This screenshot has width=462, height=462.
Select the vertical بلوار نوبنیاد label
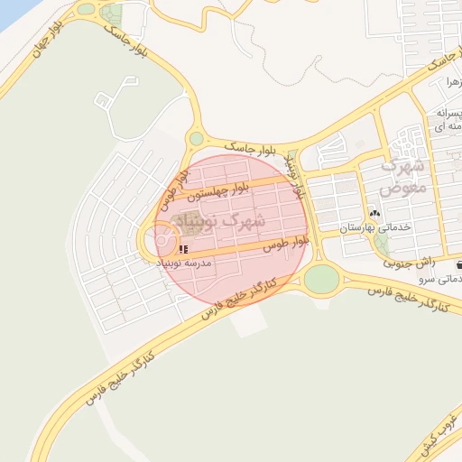pyautogui.click(x=295, y=176)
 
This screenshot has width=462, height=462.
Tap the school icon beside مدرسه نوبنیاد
pyautogui.click(x=183, y=248)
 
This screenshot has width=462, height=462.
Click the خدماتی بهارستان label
pyautogui.click(x=374, y=227)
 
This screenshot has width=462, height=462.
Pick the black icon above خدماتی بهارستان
pyautogui.click(x=374, y=213)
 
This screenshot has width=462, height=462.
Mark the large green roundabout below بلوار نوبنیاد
pyautogui.click(x=320, y=279)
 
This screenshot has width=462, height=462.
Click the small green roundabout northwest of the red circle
pyautogui.click(x=196, y=138)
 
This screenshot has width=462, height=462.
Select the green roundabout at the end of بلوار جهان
pyautogui.click(x=87, y=9)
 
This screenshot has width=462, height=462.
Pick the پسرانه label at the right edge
pyautogui.click(x=448, y=114)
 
